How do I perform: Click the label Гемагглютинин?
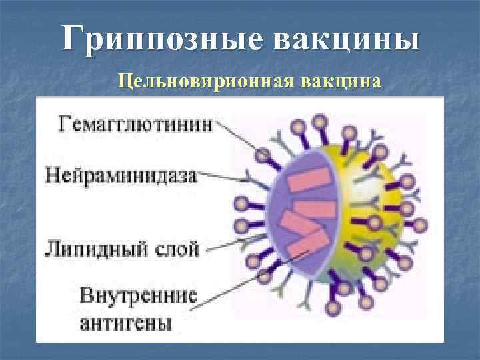pos(131,125)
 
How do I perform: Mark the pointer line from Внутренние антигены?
pos(253,277)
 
